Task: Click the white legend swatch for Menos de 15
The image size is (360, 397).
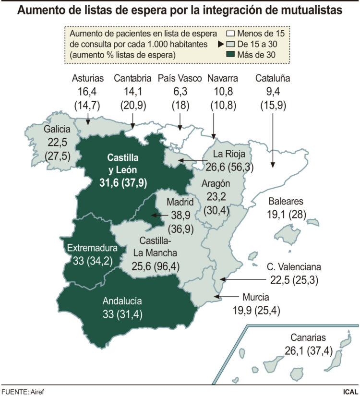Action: pyautogui.click(x=230, y=34)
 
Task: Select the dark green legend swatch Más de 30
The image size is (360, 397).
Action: pyautogui.click(x=230, y=54)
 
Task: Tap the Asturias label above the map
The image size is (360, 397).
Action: pyautogui.click(x=88, y=79)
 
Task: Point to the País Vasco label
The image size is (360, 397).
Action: pyautogui.click(x=180, y=79)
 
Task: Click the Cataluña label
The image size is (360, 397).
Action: pyautogui.click(x=273, y=79)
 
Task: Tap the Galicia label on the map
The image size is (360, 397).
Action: pyautogui.click(x=57, y=129)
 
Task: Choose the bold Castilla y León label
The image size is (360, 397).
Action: pyautogui.click(x=123, y=163)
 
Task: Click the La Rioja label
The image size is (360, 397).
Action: pyautogui.click(x=229, y=155)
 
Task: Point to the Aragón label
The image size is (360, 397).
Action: pyautogui.click(x=216, y=183)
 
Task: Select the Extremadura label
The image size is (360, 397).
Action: pyautogui.click(x=92, y=248)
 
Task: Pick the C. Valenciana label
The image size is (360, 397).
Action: pyautogui.click(x=294, y=267)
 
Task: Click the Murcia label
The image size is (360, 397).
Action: pyautogui.click(x=256, y=297)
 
